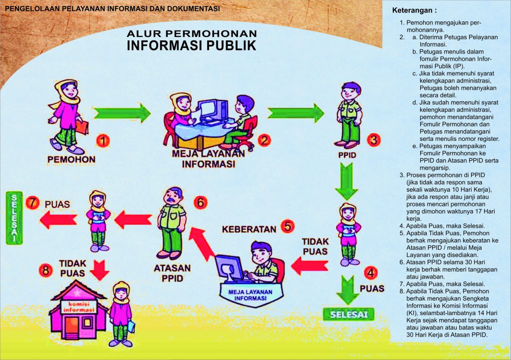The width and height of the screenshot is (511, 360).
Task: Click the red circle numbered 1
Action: [x=103, y=141]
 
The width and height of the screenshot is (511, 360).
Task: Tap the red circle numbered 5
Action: [x=287, y=226]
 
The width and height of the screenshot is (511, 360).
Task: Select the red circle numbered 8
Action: [x=45, y=270]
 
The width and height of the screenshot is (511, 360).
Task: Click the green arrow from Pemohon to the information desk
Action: [x=122, y=113]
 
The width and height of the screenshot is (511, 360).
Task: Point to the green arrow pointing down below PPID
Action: [x=347, y=181]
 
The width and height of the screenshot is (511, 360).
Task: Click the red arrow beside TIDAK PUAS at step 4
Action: [x=309, y=266]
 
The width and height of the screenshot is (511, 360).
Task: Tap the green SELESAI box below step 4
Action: [x=348, y=315]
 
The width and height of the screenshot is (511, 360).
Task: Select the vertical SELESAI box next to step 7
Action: [x=14, y=218]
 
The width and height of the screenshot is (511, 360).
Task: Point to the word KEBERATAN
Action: [x=249, y=229]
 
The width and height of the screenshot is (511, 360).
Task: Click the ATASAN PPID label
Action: [x=172, y=273]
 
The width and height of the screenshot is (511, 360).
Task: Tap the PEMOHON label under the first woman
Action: [x=71, y=159]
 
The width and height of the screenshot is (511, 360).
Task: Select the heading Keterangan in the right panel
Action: [x=414, y=10]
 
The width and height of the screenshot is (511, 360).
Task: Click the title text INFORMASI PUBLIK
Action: [x=192, y=45]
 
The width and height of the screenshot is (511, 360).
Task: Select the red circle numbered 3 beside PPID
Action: [x=373, y=140]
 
